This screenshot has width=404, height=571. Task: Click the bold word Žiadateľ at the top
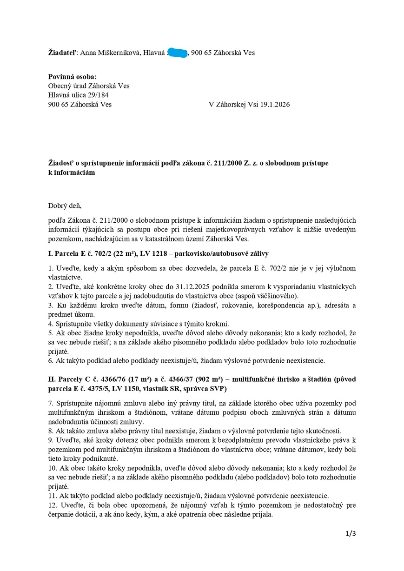tap(63, 53)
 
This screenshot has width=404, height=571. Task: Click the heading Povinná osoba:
tap(73, 77)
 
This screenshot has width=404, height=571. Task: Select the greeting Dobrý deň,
tap(65, 206)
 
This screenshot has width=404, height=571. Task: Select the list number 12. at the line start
tap(53, 505)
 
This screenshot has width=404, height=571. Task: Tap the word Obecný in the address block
tap(61, 86)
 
